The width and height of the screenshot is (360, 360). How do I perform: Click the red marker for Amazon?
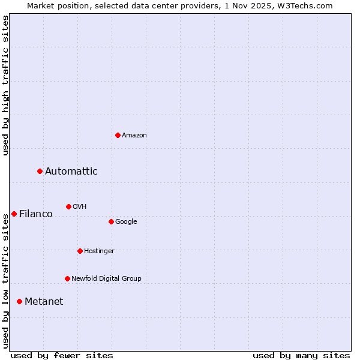pyautogui.click(x=118, y=135)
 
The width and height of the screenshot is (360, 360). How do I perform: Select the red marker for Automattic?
pyautogui.click(x=40, y=172)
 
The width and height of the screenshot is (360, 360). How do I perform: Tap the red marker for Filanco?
pyautogui.click(x=14, y=214)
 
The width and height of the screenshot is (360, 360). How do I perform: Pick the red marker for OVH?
pyautogui.click(x=68, y=207)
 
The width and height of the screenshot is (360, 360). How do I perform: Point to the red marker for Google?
pyautogui.click(x=111, y=222)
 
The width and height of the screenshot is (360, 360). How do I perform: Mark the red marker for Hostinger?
pyautogui.click(x=80, y=251)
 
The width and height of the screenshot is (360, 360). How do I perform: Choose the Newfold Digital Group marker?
pyautogui.click(x=67, y=278)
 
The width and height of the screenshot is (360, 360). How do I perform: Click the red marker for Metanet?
pyautogui.click(x=19, y=301)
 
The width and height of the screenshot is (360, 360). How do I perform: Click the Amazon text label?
pyautogui.click(x=134, y=136)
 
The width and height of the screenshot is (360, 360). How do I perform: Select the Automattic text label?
pyautogui.click(x=71, y=172)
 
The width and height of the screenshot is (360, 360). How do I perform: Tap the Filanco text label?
pyautogui.click(x=36, y=214)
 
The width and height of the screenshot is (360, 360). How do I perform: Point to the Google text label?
pyautogui.click(x=126, y=222)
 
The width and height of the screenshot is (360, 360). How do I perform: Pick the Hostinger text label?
pyautogui.click(x=99, y=251)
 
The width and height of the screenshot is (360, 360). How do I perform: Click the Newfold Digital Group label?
pyautogui.click(x=106, y=278)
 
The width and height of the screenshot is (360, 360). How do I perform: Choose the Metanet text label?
pyautogui.click(x=44, y=301)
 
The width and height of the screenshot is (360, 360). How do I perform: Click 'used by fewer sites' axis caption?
pyautogui.click(x=62, y=355)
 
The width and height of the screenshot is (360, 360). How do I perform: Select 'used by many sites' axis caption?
pyautogui.click(x=301, y=355)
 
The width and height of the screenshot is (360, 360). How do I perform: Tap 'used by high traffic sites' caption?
pyautogui.click(x=5, y=85)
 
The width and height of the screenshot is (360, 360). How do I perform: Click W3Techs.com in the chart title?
pyautogui.click(x=307, y=5)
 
